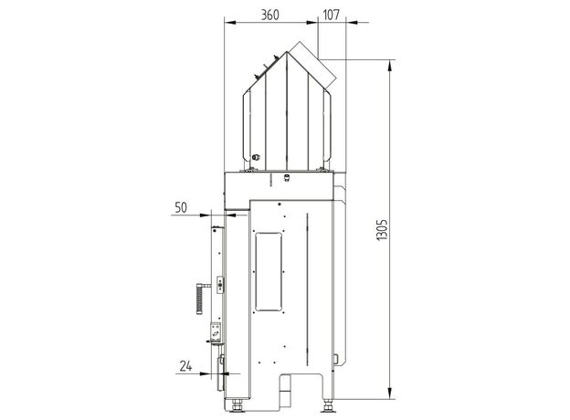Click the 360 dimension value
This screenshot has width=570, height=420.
[x=270, y=15]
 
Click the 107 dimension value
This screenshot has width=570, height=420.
[x=331, y=15]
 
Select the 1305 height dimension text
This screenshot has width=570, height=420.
[x=383, y=230]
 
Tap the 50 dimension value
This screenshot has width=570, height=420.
[x=181, y=207]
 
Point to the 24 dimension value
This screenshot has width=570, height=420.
[x=185, y=366]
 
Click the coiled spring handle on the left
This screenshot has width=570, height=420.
[x=200, y=299]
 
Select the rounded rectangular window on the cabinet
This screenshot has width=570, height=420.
[x=269, y=272]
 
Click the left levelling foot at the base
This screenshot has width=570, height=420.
[x=237, y=405]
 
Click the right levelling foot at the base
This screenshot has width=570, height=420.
[x=328, y=405]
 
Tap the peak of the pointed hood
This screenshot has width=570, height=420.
[x=287, y=52]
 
